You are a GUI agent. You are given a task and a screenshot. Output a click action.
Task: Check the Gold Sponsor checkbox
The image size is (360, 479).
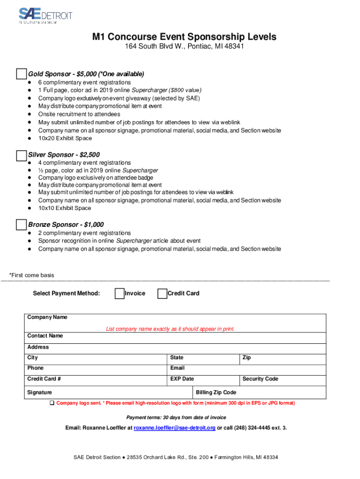(x=22, y=74)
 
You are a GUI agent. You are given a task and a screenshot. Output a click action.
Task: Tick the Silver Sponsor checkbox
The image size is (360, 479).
(x=22, y=155)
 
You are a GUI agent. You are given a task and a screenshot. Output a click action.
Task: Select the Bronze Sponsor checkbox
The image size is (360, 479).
(x=22, y=225)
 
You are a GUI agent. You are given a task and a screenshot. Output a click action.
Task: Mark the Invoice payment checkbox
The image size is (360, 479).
(x=119, y=293)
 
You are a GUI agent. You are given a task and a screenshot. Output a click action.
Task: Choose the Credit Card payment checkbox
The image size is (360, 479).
(x=162, y=293)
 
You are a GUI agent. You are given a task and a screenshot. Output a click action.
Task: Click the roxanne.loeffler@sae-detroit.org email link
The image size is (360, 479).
(x=174, y=428)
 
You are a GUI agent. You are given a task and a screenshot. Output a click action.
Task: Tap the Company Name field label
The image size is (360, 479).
(x=47, y=317)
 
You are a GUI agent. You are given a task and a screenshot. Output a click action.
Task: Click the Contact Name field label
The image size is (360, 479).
(x=45, y=336)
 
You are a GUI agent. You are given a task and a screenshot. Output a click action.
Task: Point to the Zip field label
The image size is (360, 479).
(x=246, y=358)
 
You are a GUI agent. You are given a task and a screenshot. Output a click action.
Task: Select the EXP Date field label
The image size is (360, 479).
(x=182, y=379)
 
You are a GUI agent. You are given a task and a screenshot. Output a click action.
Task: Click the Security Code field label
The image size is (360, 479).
(x=260, y=379)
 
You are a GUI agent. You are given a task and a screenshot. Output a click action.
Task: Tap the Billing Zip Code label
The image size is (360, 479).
(x=216, y=392)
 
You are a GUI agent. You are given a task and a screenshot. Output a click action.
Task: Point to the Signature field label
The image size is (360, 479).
(x=40, y=392)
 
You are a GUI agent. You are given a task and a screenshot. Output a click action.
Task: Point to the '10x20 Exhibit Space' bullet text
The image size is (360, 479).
(x=65, y=138)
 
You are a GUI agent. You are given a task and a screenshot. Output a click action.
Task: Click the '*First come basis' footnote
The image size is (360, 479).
(x=32, y=275)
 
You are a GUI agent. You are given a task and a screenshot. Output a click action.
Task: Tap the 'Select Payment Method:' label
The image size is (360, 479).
(x=66, y=293)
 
